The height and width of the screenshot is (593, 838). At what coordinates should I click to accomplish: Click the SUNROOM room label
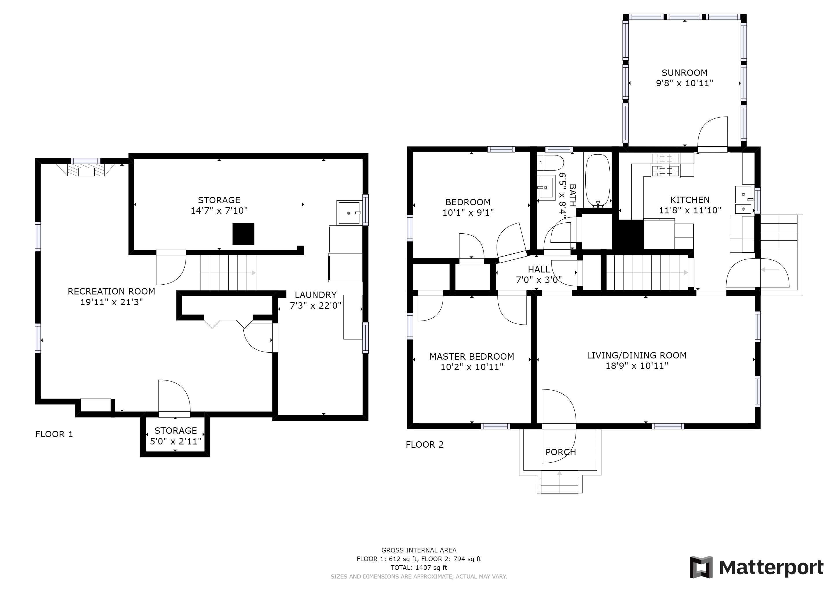pos(684,73)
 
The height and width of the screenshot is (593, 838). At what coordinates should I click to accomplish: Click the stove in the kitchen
pos(666,165)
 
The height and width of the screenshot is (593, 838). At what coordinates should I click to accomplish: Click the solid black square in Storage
pos(243,234)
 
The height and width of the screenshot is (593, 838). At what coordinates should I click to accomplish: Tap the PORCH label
pos(560,452)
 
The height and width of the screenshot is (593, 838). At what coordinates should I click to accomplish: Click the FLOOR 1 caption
pos(54,434)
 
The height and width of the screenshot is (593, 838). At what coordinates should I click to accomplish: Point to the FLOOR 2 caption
pos(425,444)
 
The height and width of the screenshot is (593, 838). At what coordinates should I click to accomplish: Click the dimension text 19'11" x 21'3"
pos(111,302)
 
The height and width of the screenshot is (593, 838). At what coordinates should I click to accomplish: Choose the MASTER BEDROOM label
pos(472,356)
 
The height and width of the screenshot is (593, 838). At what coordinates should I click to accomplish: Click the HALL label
pos(539,270)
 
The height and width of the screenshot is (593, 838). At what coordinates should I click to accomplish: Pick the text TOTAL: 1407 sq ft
pos(419,568)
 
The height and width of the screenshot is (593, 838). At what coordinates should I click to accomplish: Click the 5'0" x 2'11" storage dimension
pos(176,442)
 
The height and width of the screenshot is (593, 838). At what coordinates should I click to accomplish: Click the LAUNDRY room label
pos(316,295)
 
